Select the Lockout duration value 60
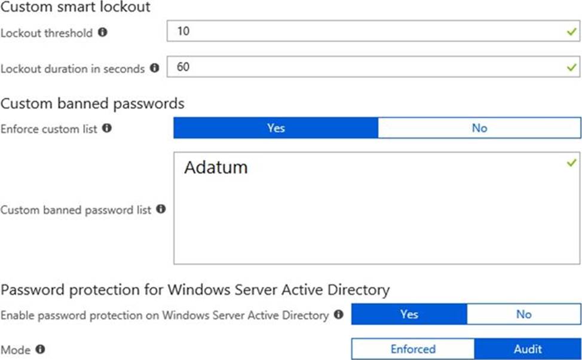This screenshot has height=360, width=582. click(x=183, y=68)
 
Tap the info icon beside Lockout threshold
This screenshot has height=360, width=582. click(x=102, y=32)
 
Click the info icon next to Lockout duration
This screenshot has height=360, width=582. click(x=154, y=68)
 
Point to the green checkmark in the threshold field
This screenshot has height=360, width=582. click(x=572, y=32)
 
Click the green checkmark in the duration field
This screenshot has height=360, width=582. click(x=572, y=68)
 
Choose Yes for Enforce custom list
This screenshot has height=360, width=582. click(x=275, y=128)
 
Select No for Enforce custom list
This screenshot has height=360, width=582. click(x=479, y=128)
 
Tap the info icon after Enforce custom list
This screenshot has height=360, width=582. click(x=107, y=128)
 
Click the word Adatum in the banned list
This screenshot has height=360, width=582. click(x=216, y=167)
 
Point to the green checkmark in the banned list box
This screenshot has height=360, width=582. click(x=572, y=163)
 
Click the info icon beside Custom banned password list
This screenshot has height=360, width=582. click(x=160, y=209)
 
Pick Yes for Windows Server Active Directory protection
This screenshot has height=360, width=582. click(x=409, y=314)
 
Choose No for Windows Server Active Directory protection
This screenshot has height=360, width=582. click(x=523, y=314)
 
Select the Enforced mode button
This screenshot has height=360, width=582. click(x=413, y=349)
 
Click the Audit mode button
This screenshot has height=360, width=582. click(x=528, y=349)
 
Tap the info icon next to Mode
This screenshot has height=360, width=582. click(x=41, y=349)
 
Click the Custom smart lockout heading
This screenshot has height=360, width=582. click(x=75, y=8)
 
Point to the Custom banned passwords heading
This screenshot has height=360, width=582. click(x=93, y=103)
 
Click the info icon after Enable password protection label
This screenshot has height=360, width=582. click(x=339, y=314)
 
